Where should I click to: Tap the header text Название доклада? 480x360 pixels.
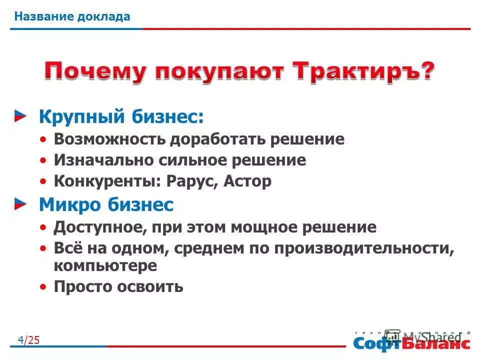pos(72,16)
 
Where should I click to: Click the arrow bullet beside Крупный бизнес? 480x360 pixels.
pos(20,116)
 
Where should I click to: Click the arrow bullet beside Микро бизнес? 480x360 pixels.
pos(20,203)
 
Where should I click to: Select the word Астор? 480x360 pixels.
pos(247,181)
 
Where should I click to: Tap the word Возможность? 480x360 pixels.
pos(110,139)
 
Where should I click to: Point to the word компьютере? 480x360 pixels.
pos(105,265)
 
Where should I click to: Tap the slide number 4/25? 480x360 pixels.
pos(28,340)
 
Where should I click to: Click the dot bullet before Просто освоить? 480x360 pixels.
pos(45,287)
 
